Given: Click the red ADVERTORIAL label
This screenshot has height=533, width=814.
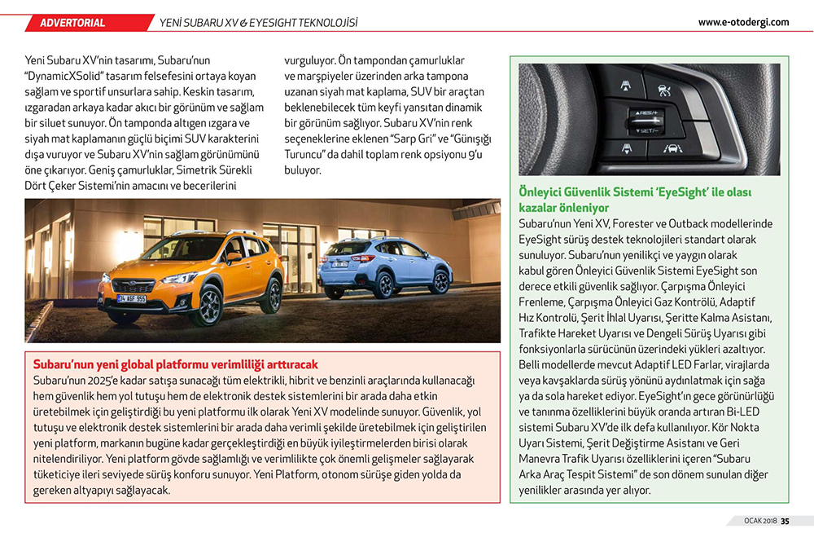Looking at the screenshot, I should (x=72, y=22).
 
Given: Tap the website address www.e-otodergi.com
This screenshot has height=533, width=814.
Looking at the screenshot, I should (x=743, y=22).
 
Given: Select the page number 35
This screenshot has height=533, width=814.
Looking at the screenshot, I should (x=785, y=522).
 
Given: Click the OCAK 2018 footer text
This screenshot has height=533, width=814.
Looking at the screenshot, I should (x=759, y=522).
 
